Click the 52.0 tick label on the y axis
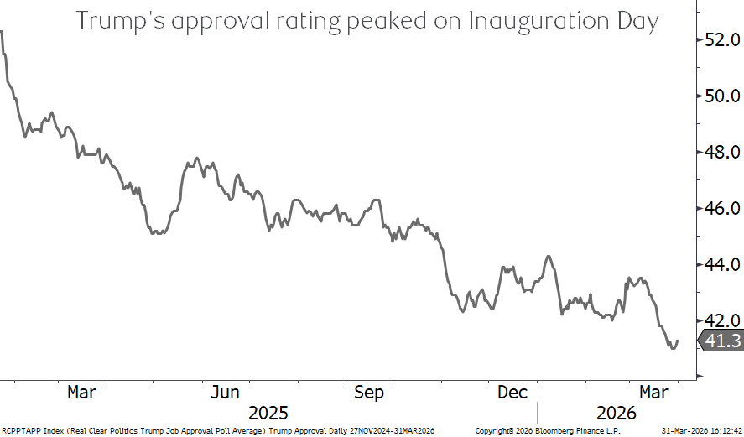[722, 39]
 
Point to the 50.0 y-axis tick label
[722, 96]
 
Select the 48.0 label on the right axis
[722, 152]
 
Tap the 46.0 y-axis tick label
[722, 208]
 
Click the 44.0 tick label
[722, 264]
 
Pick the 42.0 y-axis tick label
[722, 320]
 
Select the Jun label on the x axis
[225, 393]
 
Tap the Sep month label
[369, 393]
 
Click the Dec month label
[512, 393]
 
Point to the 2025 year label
[268, 413]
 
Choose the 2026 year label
[617, 413]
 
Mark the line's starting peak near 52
[3, 31]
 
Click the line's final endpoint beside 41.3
[677, 341]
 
